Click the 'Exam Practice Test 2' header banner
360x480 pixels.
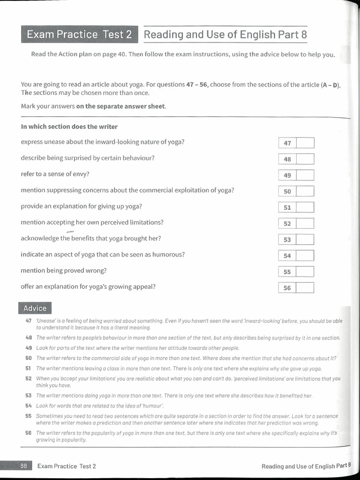[x=79, y=35]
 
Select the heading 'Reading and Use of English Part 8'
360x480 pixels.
[x=225, y=35]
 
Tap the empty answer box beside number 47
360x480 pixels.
[x=306, y=143]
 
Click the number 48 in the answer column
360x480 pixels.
[x=287, y=159]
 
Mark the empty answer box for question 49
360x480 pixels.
[x=306, y=175]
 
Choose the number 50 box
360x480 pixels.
[x=287, y=191]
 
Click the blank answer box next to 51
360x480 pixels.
[x=306, y=207]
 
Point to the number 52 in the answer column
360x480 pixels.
[x=287, y=224]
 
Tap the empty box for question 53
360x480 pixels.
[x=306, y=240]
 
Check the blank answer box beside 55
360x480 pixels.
[x=306, y=272]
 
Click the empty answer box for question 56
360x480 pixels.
[x=306, y=288]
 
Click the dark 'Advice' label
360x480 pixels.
[x=35, y=308]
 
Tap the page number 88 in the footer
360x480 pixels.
[x=23, y=466]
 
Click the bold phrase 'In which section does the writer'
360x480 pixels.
[x=69, y=127]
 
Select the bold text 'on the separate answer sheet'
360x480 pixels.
[x=120, y=106]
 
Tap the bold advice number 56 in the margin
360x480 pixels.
[x=29, y=433]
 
